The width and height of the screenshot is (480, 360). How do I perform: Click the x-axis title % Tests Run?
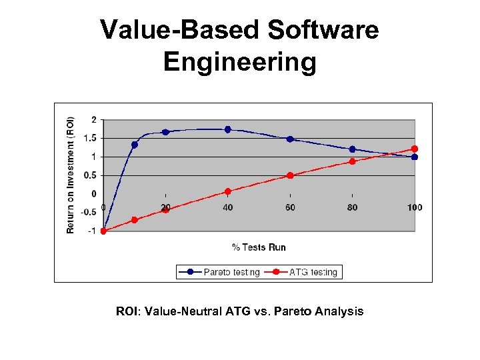pos(259,247)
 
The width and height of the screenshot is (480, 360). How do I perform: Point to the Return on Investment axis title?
pos(71,175)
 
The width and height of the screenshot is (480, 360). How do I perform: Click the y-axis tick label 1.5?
pos(89,138)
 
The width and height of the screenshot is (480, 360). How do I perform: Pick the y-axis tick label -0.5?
pos(88,212)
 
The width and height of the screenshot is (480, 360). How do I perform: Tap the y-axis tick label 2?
pos(94,119)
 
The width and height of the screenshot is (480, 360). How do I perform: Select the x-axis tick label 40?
pos(228,207)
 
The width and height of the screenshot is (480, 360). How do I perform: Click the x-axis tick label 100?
pos(415,207)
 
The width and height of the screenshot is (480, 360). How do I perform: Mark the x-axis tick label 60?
pos(290,207)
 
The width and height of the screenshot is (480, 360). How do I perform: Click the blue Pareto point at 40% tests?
pos(228,129)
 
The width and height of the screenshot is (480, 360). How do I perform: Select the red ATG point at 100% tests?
pos(415,149)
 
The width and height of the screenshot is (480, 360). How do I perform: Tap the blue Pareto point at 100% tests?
pos(415,157)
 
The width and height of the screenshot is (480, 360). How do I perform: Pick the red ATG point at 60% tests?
pos(290,175)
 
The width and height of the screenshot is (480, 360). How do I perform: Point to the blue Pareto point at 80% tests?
pos(352,149)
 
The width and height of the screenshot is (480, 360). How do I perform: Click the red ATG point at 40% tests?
pos(228,191)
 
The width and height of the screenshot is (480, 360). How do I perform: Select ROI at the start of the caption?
pos(127,311)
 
